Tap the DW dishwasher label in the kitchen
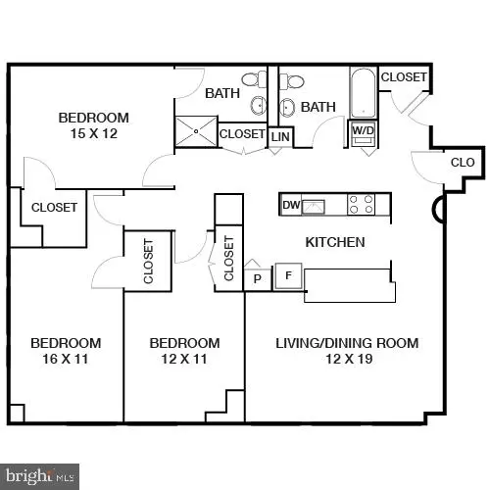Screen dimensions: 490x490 [x=290, y=205]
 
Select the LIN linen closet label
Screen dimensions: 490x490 [x=280, y=137]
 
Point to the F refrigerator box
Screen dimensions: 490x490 [x=288, y=275]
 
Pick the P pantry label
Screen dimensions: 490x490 [x=258, y=277]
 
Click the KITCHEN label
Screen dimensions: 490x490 [x=335, y=242]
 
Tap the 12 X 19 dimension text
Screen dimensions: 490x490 [x=335, y=360]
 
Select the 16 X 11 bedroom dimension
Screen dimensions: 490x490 [x=66, y=360]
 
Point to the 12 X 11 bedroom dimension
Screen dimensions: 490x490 [x=183, y=360]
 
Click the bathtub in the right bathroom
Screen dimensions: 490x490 [x=362, y=93]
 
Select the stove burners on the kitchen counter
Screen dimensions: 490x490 [x=362, y=205]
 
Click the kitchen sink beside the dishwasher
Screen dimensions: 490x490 [x=314, y=205]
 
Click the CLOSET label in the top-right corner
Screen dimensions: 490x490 [x=404, y=77]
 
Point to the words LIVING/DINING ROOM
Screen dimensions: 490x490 [x=335, y=343]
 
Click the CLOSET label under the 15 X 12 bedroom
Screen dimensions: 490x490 [x=54, y=208]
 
